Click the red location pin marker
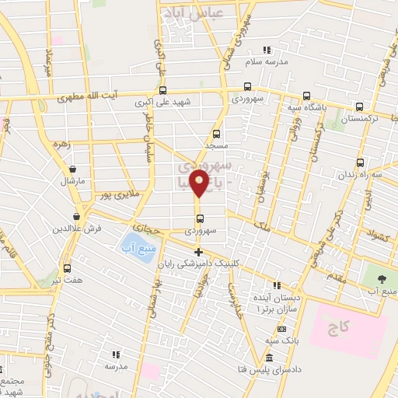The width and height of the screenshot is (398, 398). pos(200,184)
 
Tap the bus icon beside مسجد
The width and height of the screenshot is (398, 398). pos(217,133)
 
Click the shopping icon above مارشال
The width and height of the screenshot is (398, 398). pos(72,169)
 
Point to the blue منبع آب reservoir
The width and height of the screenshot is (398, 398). pos(134,248)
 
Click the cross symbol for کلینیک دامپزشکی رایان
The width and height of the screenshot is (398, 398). pos(199,251)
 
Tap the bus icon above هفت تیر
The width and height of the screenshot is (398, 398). pos(66,266)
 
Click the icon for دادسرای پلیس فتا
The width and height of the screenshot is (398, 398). pos(269,358)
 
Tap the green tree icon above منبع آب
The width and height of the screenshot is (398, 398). pos(381,278)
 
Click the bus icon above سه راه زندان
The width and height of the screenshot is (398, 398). pos(359,162)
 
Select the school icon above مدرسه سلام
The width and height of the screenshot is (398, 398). pos(267,50)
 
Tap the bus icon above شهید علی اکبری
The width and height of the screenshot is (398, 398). pos(163,88)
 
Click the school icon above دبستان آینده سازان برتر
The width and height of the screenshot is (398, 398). pos(277,285)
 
